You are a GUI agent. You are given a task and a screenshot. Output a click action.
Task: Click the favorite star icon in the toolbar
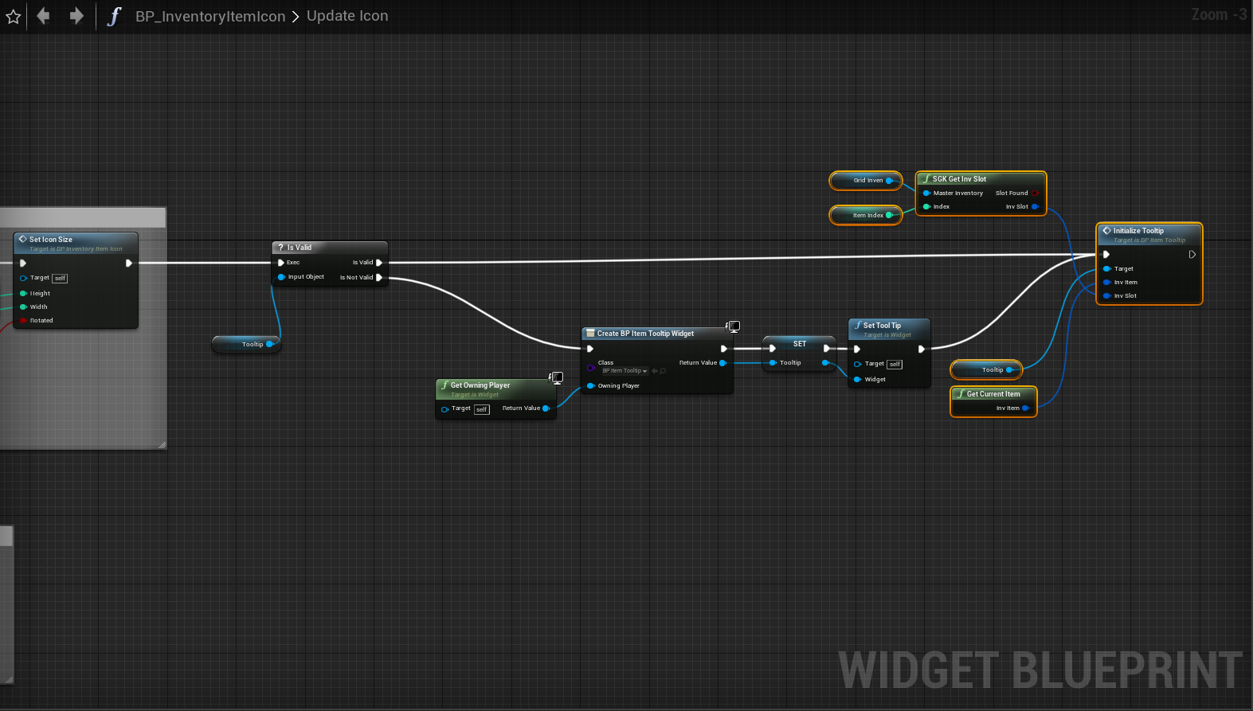click(x=14, y=16)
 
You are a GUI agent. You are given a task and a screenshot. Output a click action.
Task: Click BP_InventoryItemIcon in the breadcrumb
click(x=209, y=16)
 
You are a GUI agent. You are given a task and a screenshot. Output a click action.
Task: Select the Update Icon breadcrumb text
click(x=347, y=16)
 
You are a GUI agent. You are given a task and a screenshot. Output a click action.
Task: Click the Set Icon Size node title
click(x=51, y=240)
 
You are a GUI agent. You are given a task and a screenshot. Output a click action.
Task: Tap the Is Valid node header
click(x=300, y=248)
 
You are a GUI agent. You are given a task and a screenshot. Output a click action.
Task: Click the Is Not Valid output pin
click(x=379, y=278)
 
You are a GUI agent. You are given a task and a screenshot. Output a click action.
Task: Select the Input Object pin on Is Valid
click(x=281, y=277)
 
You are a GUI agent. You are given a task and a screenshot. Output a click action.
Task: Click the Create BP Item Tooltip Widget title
click(x=645, y=334)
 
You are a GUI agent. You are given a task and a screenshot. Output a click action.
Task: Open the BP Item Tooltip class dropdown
click(x=625, y=371)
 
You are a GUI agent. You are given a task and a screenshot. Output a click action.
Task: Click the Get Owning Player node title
click(x=480, y=385)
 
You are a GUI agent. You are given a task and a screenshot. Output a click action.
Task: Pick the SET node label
click(x=800, y=344)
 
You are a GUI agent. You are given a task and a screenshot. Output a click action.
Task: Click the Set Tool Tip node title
click(x=882, y=326)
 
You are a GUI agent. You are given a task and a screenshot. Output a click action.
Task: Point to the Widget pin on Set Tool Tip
click(x=858, y=380)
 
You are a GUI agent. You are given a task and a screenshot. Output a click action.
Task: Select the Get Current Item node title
click(x=993, y=394)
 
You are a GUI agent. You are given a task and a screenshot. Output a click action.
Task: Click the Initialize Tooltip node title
click(x=1138, y=231)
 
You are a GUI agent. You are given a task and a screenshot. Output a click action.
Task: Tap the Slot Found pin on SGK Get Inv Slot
click(x=1035, y=193)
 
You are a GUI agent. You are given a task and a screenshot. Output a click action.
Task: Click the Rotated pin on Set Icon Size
click(x=24, y=321)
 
